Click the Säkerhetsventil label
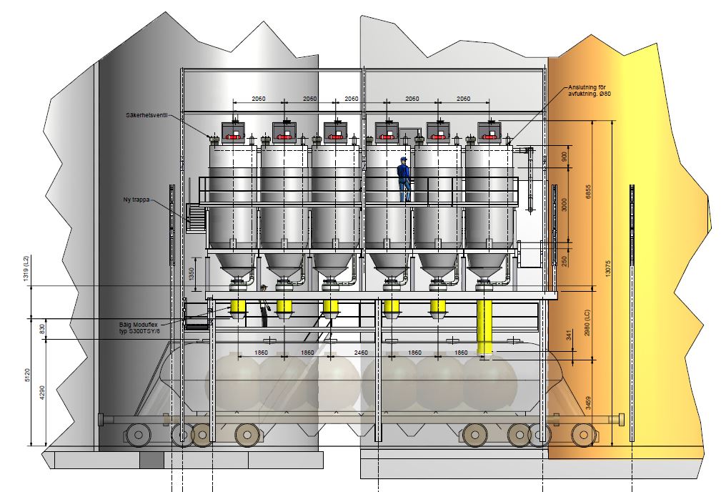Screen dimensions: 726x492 [x=146, y=115]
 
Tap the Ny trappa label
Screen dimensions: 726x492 [x=136, y=200]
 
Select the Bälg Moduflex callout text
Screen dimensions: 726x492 [x=139, y=328]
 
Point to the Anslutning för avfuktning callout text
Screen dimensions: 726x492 [x=590, y=90]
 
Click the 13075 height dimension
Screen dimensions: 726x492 [x=608, y=269]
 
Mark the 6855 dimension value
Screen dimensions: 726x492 [x=589, y=192]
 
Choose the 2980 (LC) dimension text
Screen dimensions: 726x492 [x=587, y=323]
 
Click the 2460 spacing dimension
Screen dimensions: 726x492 [x=361, y=353]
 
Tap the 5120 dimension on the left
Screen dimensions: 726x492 [x=27, y=375]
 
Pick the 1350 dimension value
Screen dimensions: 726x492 [x=192, y=275]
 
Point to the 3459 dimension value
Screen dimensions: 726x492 [x=588, y=403]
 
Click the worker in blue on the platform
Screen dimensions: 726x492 [x=404, y=179]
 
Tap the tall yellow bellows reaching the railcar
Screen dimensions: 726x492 [x=484, y=327]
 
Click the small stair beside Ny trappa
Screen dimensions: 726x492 [x=196, y=217]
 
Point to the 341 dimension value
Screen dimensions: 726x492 [x=569, y=335]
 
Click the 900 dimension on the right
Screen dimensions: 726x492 [x=564, y=157]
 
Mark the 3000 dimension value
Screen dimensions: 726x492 [x=564, y=205]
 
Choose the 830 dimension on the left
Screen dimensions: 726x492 [x=43, y=329]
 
